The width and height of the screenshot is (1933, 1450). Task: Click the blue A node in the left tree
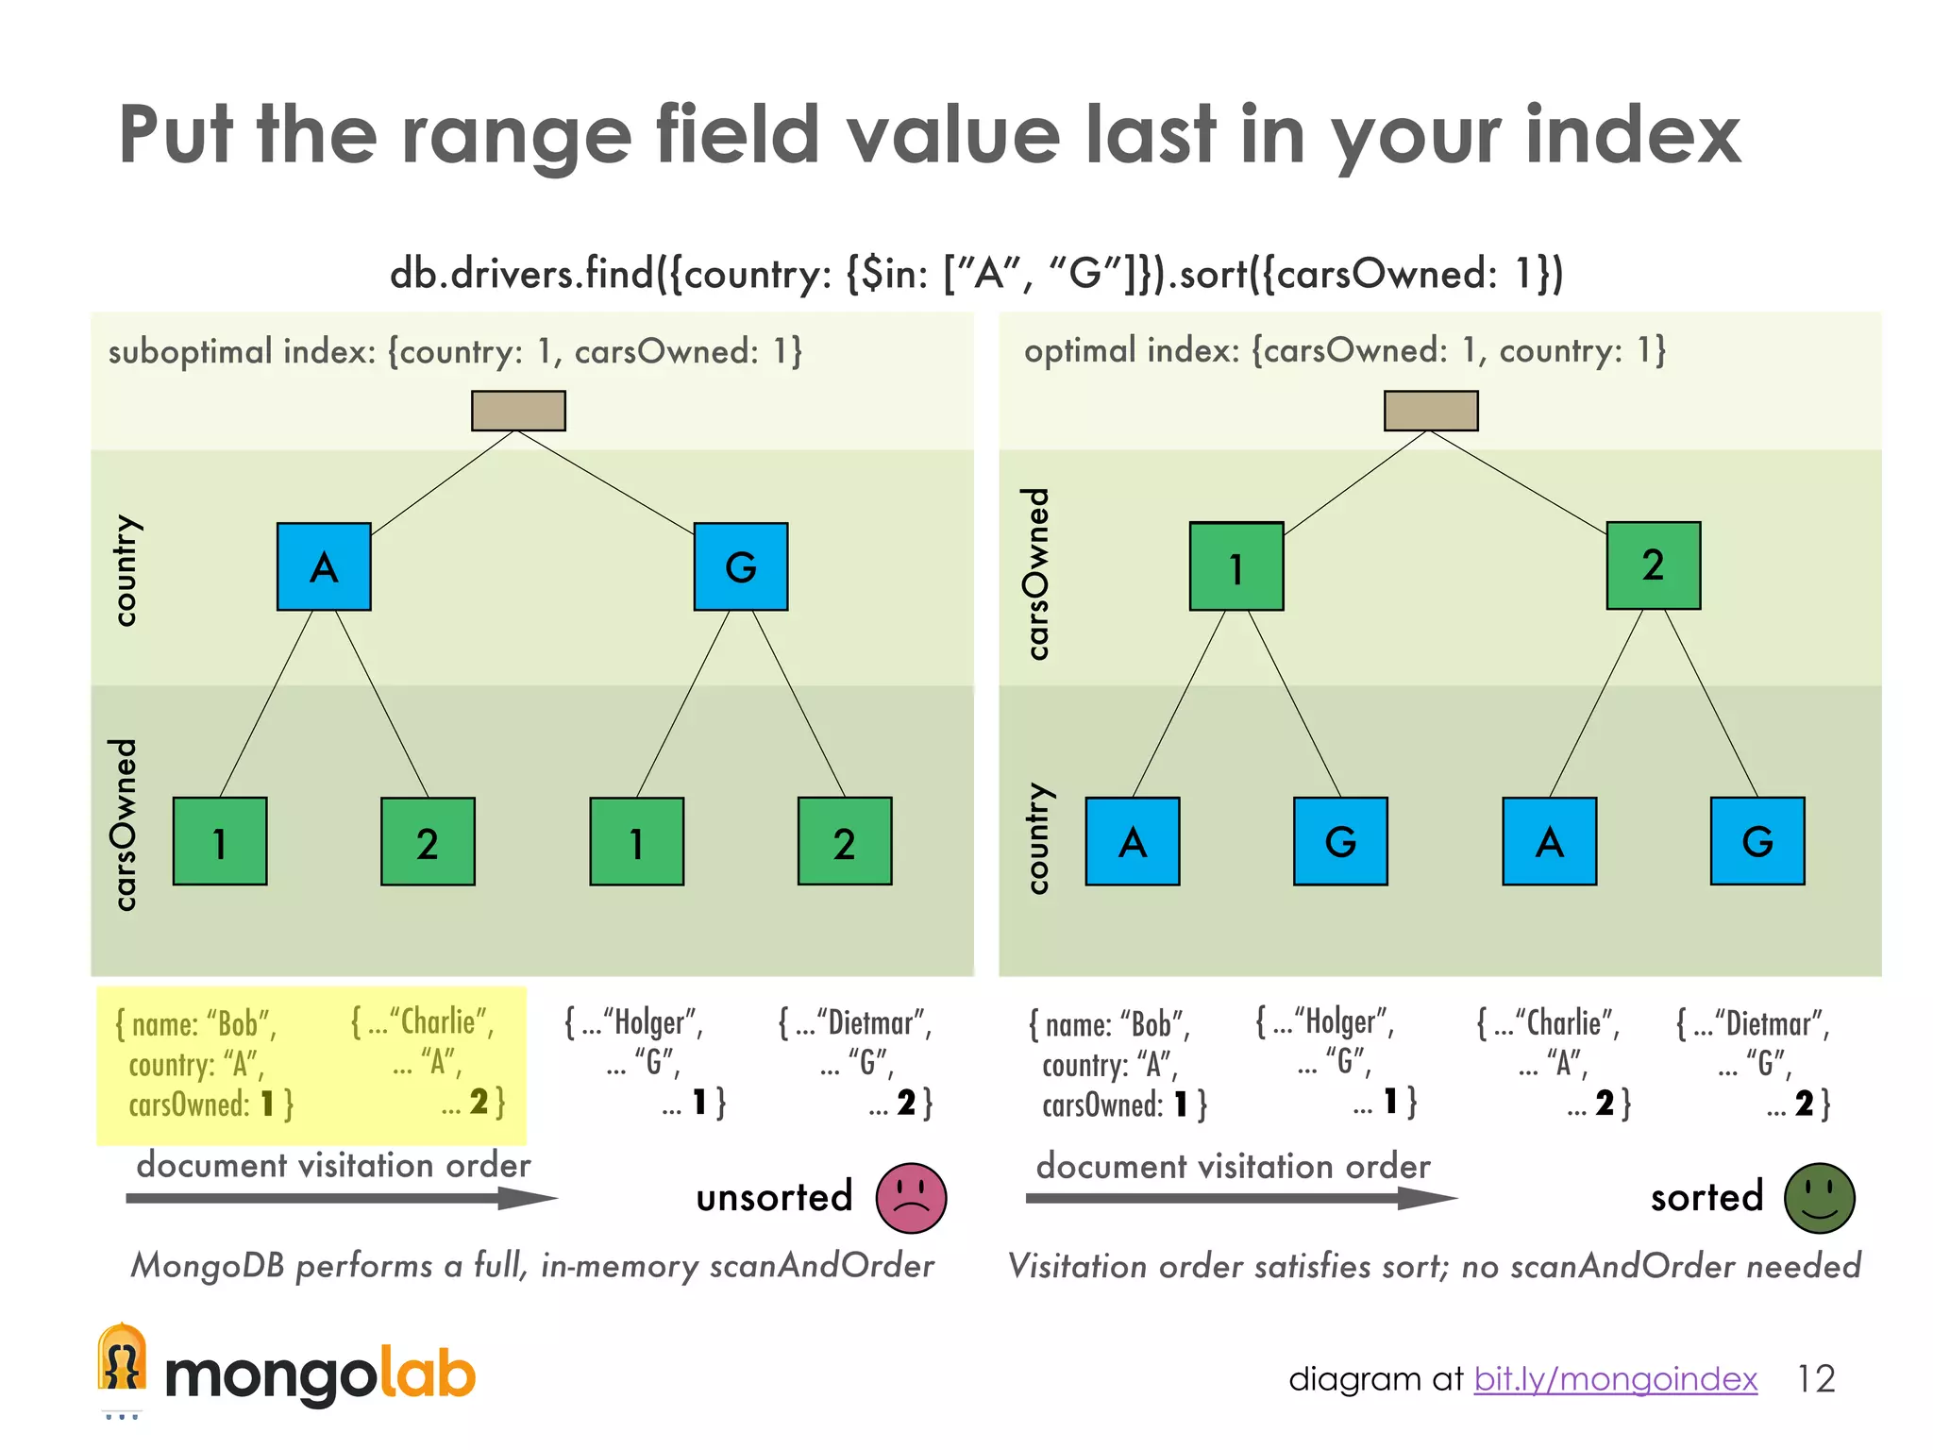point(324,566)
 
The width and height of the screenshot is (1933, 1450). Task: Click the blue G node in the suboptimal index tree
point(741,566)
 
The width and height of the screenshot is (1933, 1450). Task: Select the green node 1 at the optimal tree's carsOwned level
point(1236,566)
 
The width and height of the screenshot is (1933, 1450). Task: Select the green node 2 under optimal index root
point(1654,565)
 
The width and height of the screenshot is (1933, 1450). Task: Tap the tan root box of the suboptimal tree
point(518,411)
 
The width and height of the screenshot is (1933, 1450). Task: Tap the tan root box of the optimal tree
point(1431,411)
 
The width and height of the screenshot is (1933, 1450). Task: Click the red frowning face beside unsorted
point(911,1197)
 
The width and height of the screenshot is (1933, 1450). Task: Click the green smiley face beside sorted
point(1819,1197)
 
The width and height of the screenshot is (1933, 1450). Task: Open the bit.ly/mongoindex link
point(1615,1379)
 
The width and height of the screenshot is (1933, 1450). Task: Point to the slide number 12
point(1815,1379)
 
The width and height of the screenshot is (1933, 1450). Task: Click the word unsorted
point(774,1197)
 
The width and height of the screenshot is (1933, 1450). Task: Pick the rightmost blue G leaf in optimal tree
point(1757,841)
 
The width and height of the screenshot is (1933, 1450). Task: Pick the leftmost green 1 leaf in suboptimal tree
point(220,841)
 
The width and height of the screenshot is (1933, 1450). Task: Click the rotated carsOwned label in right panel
point(1037,573)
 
